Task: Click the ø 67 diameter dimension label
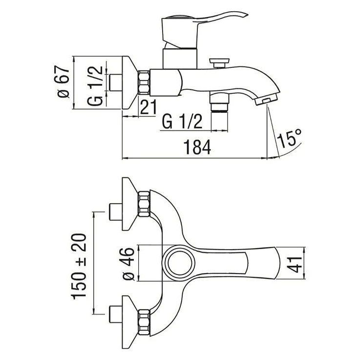pos(62,82)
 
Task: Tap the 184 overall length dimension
pos(197,147)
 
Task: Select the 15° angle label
pos(289,138)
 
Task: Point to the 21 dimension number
pos(148,107)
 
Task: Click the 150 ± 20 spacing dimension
pos(79,267)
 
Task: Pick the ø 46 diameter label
pos(128,264)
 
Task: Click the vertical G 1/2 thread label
pos(95,85)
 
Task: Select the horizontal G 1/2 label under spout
pos(182,122)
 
